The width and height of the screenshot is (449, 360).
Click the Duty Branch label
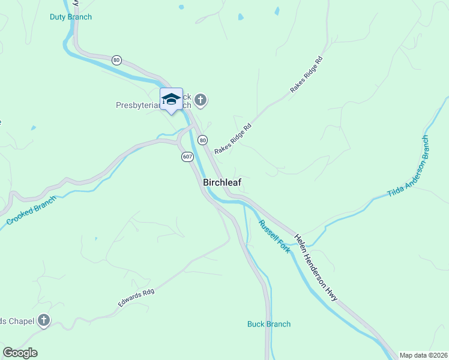tap(71, 17)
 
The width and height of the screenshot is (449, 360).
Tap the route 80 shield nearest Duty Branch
tap(116, 60)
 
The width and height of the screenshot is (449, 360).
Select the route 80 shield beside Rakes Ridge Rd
tap(203, 140)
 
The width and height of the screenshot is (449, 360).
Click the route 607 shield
tap(187, 157)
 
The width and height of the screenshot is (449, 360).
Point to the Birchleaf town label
tap(222, 182)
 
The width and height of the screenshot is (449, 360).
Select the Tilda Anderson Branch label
tap(409, 166)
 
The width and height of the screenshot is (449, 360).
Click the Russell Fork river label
tap(274, 236)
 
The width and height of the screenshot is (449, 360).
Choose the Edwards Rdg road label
tap(136, 298)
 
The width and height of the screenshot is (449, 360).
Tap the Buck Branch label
tap(269, 324)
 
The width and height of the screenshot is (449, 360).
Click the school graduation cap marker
tap(171, 100)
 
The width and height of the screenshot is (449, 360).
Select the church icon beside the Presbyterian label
tap(200, 100)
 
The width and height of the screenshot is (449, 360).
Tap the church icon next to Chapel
tap(43, 320)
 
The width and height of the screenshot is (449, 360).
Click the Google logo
tap(20, 353)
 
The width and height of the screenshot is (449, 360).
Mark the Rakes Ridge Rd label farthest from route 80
tap(307, 74)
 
